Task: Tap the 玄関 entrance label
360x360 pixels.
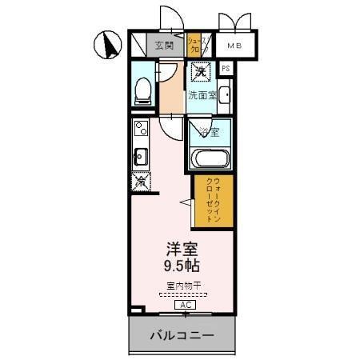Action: (x=165, y=46)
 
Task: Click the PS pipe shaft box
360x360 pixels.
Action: (x=226, y=69)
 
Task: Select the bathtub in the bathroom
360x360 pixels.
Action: (x=210, y=157)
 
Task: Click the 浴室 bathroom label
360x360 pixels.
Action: (x=210, y=130)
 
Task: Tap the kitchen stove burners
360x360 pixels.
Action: (x=141, y=128)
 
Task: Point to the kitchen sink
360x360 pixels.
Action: (x=140, y=154)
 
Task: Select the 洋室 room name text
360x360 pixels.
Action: (x=181, y=250)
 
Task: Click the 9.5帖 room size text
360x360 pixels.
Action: (x=181, y=267)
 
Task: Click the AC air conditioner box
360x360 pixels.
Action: (x=183, y=306)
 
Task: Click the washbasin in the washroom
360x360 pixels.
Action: (x=223, y=98)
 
